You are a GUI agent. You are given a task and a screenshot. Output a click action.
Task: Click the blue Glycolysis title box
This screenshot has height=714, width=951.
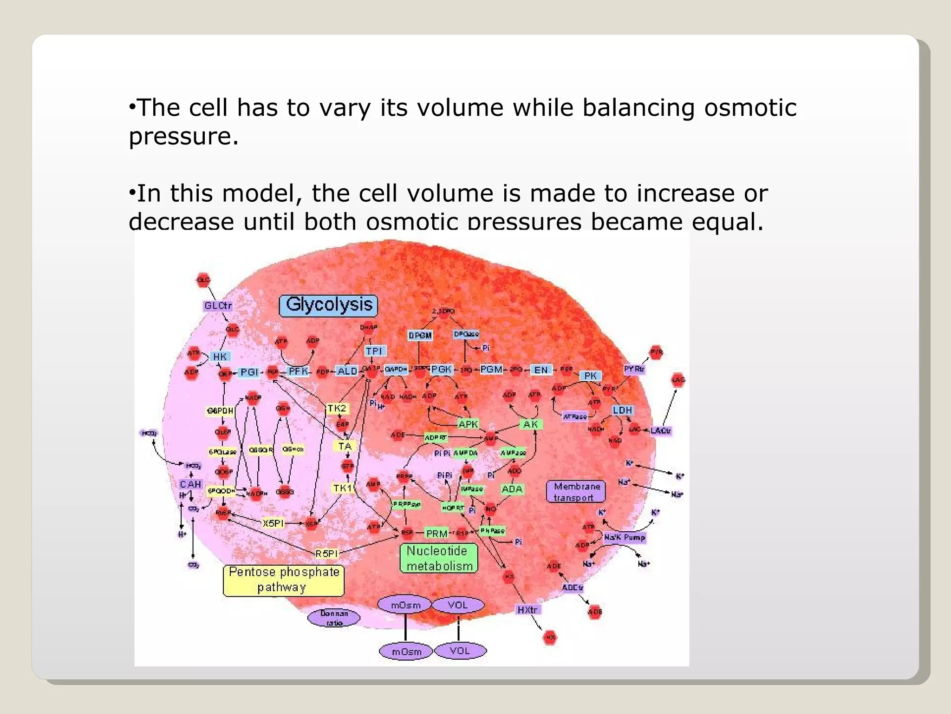coord(328,305)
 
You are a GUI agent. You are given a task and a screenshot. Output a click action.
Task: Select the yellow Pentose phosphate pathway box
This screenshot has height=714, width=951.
coord(284,580)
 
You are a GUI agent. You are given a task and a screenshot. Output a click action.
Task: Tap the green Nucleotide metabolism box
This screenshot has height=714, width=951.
coord(438,558)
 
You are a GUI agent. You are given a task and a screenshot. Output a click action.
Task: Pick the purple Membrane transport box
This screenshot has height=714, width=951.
coord(576,492)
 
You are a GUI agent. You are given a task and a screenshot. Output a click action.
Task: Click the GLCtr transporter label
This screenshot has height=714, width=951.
coord(218,306)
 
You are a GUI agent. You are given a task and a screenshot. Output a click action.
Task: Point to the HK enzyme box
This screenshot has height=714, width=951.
coord(220,357)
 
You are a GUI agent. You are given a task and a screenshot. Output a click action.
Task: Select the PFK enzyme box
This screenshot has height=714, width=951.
coord(298,371)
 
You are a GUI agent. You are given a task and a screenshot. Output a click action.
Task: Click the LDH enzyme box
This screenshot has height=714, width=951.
coord(622,410)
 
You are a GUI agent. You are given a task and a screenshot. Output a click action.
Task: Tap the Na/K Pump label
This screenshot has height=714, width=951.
coord(625,537)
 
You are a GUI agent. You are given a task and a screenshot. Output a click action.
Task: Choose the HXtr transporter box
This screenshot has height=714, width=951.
coord(527,609)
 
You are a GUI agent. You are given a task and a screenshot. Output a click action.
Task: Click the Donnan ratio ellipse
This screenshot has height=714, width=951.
coord(334,618)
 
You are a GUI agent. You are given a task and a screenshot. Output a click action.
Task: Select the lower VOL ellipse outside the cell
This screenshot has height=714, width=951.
coord(460,651)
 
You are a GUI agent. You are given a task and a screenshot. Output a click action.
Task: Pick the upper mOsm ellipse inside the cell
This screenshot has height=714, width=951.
coord(405,605)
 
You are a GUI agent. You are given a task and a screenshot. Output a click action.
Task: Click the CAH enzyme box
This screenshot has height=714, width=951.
coord(190,484)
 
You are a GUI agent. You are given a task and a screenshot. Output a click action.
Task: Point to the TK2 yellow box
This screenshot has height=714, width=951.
coord(337,408)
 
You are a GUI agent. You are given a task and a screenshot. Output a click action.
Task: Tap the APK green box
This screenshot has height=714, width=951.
coord(468,424)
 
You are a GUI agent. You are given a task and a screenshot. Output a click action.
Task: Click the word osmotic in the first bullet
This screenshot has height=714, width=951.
coord(750,108)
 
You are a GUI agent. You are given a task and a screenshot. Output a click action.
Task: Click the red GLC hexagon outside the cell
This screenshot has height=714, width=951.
coord(203,280)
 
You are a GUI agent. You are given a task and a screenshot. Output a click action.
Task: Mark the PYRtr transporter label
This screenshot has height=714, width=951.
coord(634,369)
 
